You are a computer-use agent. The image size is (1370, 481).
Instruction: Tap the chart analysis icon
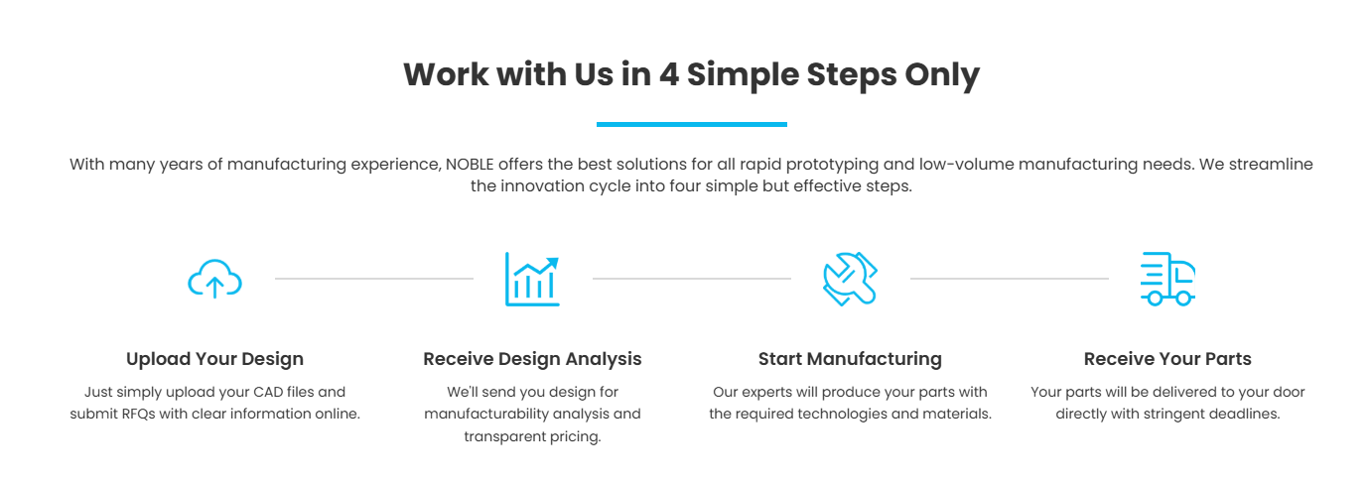click(532, 279)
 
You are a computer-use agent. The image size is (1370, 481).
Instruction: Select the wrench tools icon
click(850, 279)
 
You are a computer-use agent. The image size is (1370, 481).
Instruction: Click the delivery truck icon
click(1167, 279)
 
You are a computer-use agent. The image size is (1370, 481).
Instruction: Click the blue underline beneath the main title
click(691, 124)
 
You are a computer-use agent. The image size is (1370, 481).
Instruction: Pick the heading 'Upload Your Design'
click(214, 359)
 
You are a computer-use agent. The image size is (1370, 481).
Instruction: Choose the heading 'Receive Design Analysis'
click(532, 359)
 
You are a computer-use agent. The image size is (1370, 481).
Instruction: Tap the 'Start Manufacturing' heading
click(850, 359)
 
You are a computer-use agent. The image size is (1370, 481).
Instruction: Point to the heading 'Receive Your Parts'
click(1167, 359)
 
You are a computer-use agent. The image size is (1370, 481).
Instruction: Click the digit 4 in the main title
click(668, 74)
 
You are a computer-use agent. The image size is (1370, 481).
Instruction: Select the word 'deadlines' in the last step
click(1243, 414)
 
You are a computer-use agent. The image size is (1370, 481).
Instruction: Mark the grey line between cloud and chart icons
click(373, 279)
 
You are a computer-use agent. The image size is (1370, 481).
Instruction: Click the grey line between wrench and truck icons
click(1009, 279)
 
